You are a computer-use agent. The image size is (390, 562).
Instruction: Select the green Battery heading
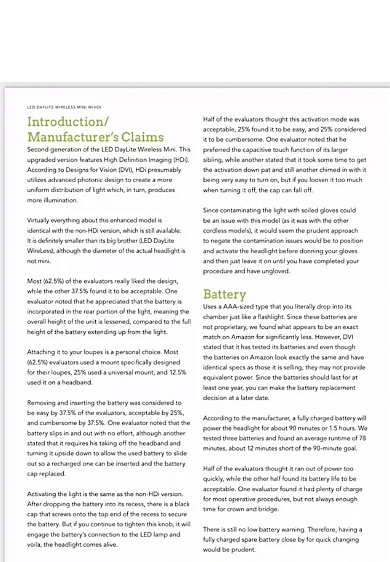tap(224, 294)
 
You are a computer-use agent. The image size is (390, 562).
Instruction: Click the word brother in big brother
tap(126, 240)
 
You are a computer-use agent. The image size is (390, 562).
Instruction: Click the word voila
tap(35, 544)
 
